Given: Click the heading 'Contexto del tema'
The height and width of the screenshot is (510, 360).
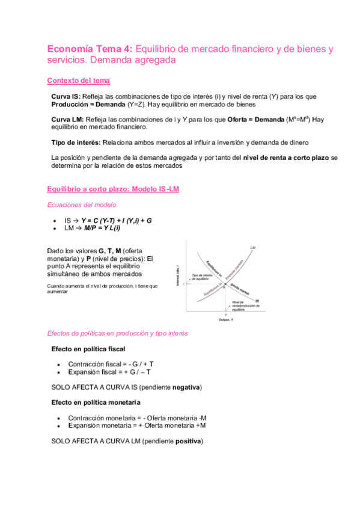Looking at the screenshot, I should click(78, 81).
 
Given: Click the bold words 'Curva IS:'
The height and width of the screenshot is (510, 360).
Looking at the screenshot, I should click(66, 97).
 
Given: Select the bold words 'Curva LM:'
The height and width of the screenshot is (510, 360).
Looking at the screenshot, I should click(67, 119).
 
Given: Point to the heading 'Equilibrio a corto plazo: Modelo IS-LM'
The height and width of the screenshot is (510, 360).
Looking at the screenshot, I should click(112, 189).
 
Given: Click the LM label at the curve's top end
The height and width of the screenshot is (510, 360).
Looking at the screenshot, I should click(252, 247).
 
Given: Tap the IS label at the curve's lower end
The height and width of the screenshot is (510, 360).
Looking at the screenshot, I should click(257, 300).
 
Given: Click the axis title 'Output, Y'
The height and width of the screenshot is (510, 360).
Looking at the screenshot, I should click(227, 319).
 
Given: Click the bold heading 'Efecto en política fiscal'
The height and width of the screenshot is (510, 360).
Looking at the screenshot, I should click(88, 349).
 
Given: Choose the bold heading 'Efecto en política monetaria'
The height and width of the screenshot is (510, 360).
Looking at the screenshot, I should click(96, 402).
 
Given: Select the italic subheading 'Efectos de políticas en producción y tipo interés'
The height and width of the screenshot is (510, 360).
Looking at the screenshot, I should click(117, 333).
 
